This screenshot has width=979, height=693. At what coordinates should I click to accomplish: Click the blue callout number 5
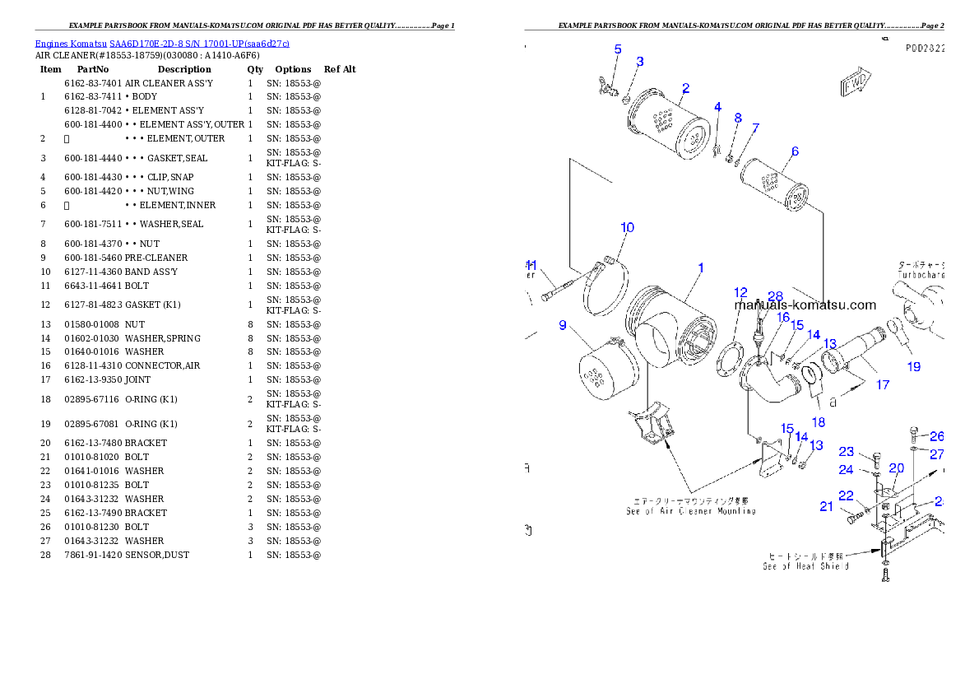click(618, 49)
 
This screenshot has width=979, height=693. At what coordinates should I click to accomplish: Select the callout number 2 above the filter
click(685, 88)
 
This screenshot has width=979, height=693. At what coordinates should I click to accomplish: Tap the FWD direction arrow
click(855, 84)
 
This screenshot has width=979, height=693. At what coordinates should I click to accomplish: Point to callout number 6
click(795, 151)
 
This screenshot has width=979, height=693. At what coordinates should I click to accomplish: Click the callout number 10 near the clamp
click(627, 227)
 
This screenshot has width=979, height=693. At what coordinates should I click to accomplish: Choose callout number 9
click(563, 325)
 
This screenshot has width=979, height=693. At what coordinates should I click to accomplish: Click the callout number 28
click(775, 296)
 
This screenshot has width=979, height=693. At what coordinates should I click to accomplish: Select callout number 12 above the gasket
click(740, 292)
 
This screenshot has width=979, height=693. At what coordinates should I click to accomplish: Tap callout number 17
click(883, 384)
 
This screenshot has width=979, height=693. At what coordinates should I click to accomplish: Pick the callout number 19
click(914, 367)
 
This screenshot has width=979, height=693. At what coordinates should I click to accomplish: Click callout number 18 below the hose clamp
click(819, 422)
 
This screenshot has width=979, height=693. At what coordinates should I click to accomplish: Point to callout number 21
click(826, 506)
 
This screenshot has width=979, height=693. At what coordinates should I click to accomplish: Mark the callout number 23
click(847, 451)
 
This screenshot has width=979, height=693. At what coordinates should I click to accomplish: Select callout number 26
click(936, 436)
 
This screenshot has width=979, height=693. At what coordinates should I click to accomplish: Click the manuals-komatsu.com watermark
click(806, 305)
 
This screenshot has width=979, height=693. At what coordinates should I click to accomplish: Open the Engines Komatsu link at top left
click(162, 44)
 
